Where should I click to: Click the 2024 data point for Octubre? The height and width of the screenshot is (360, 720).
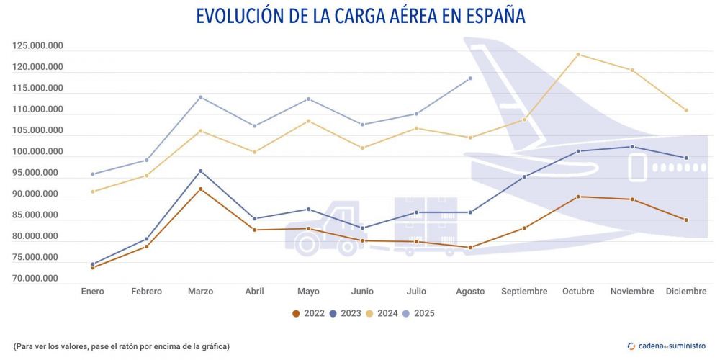click(578, 55)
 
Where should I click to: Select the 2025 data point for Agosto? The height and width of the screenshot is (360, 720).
click(470, 78)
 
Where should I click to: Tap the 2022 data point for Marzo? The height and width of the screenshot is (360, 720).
click(200, 189)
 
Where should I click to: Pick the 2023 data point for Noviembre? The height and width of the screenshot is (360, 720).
click(632, 147)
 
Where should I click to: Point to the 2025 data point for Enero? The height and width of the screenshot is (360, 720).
click(93, 174)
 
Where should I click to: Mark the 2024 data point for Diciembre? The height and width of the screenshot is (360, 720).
click(686, 110)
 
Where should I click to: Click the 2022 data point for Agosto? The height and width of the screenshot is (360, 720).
click(470, 248)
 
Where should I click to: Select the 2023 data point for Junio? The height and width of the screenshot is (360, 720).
click(362, 228)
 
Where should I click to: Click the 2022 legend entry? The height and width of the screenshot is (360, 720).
click(307, 313)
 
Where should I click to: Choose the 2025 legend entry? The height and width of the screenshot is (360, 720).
click(418, 313)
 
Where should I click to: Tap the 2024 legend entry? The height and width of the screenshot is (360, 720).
click(382, 313)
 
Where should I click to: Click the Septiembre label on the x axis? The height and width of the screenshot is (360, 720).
click(524, 292)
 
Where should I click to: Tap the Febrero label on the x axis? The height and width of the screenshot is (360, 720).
click(146, 292)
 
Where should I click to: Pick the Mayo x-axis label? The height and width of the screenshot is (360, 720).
click(308, 292)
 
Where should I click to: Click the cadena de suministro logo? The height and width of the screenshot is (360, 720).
click(667, 346)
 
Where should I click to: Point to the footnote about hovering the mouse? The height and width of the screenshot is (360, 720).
click(122, 346)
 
